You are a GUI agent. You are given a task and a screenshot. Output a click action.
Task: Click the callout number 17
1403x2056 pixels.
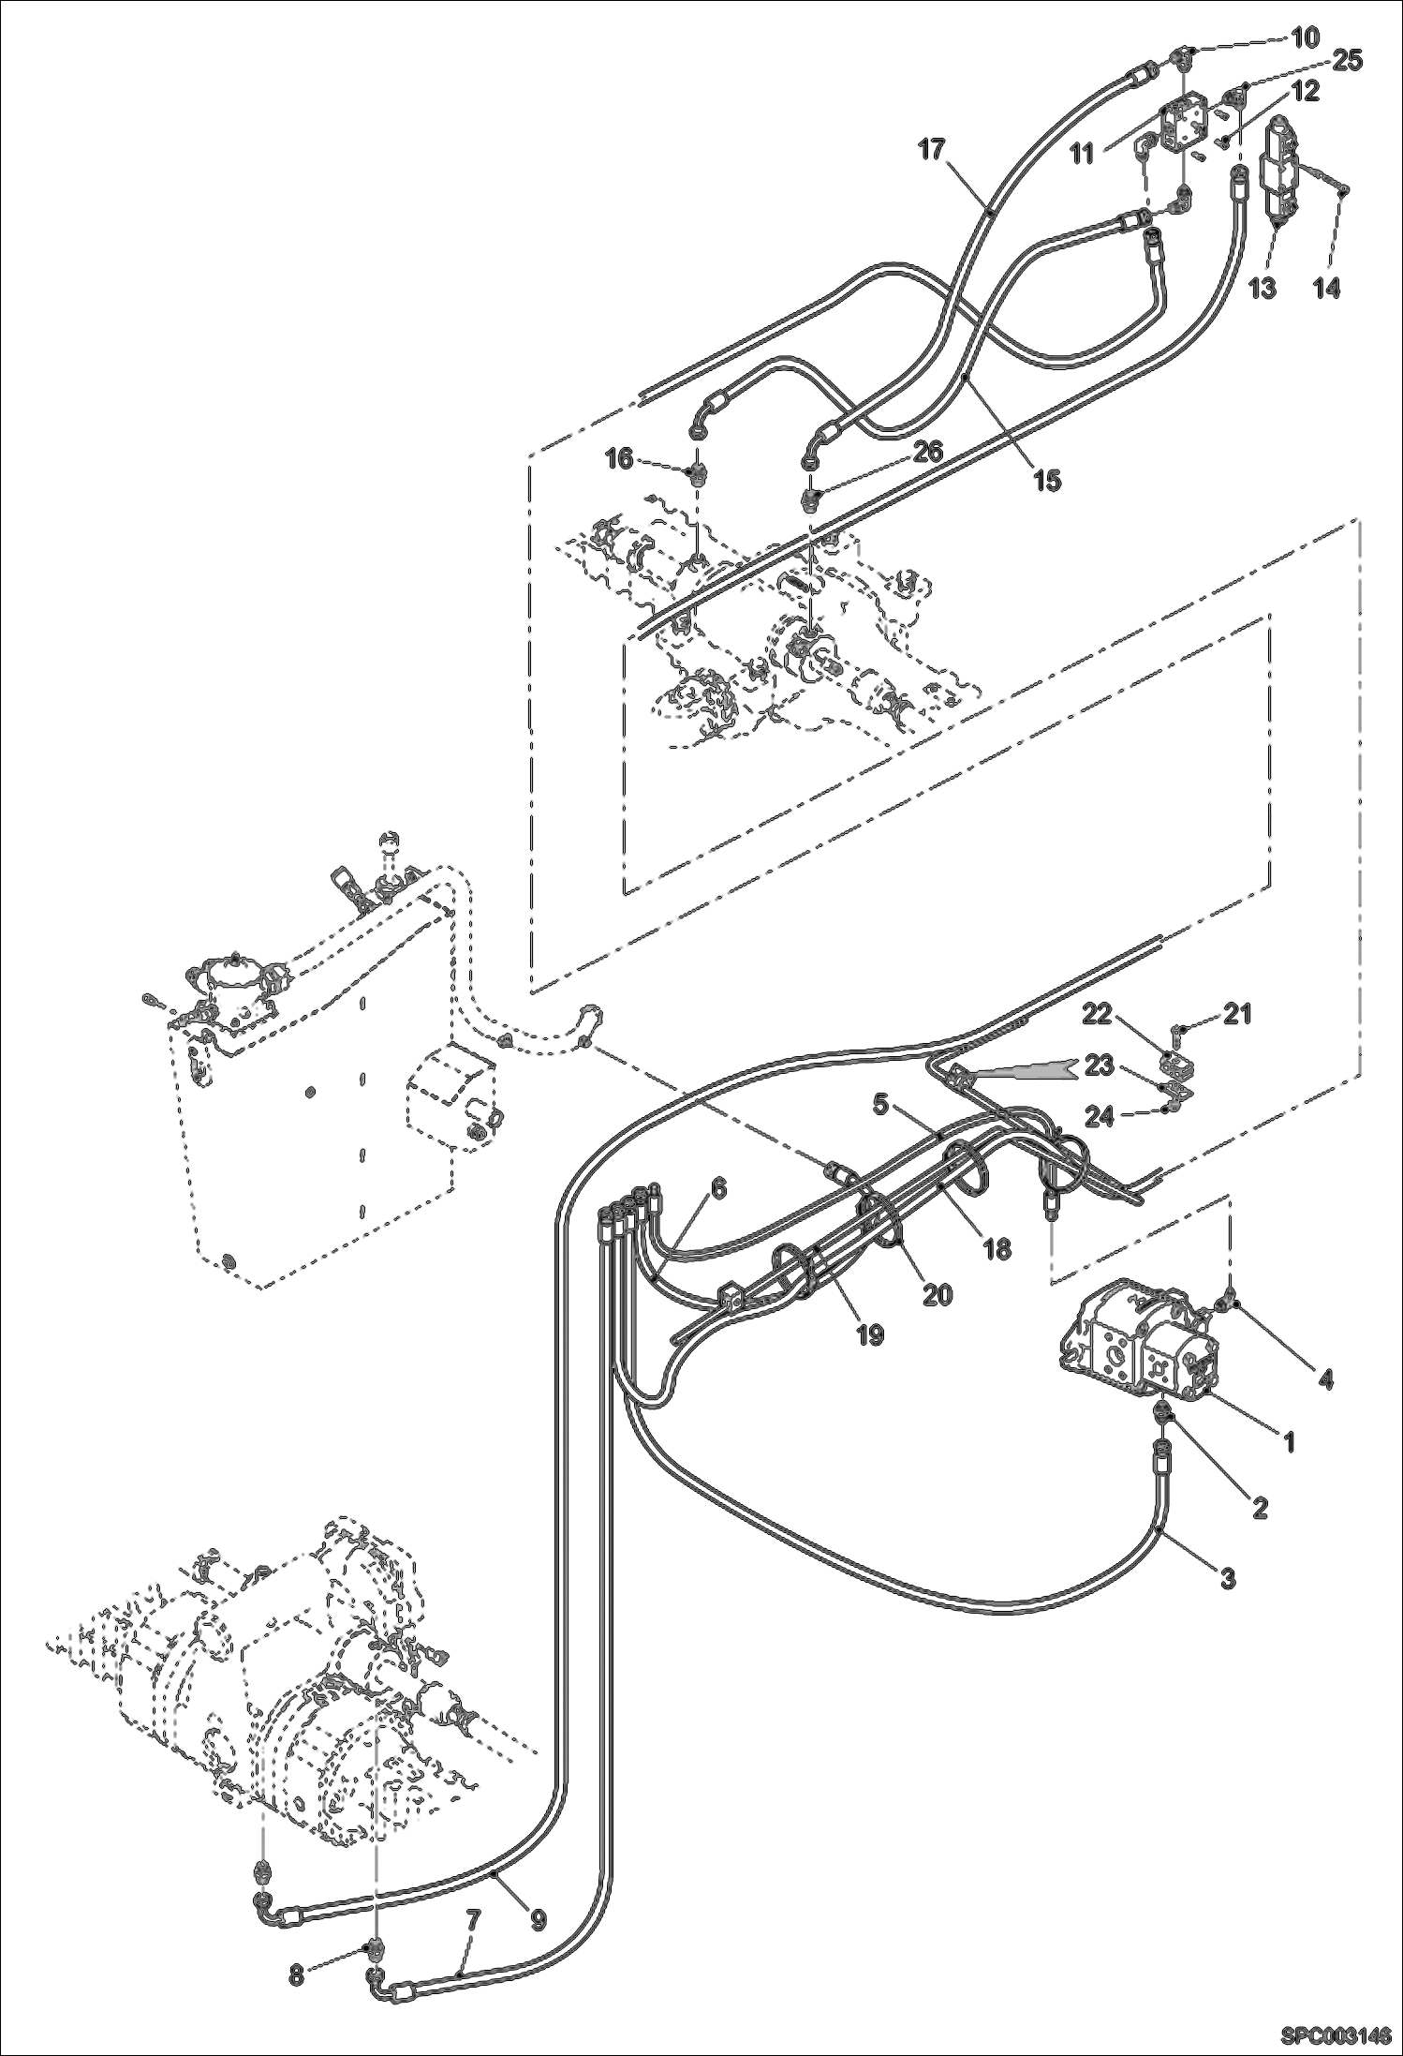pyautogui.click(x=932, y=149)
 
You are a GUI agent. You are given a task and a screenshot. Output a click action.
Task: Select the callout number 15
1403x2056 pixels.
pyautogui.click(x=1046, y=480)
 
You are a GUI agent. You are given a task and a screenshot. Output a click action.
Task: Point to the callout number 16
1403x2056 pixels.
pyautogui.click(x=619, y=458)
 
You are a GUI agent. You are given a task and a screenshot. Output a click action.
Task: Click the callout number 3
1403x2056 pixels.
pyautogui.click(x=1228, y=1577)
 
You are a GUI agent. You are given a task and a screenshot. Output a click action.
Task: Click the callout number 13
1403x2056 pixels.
pyautogui.click(x=1263, y=287)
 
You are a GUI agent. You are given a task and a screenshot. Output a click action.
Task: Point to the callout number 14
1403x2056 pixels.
pyautogui.click(x=1326, y=288)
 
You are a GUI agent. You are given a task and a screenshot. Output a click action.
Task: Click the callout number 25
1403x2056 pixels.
pyautogui.click(x=1348, y=60)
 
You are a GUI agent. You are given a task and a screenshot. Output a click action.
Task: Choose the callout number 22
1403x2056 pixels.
pyautogui.click(x=1099, y=1013)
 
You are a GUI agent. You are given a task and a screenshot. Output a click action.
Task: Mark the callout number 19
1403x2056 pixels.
pyautogui.click(x=870, y=1333)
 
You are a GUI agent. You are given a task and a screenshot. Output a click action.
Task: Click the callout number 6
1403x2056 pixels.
pyautogui.click(x=717, y=1188)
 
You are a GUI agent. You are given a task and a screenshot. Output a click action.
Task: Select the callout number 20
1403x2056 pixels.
pyautogui.click(x=937, y=1294)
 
